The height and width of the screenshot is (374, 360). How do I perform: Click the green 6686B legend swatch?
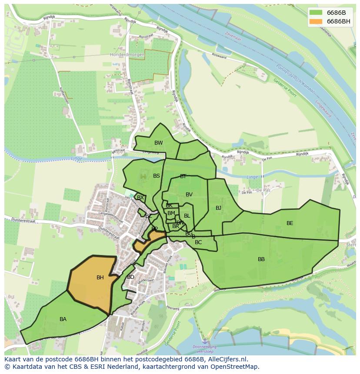point(316,13)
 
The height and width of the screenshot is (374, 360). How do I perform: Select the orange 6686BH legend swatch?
point(316,21)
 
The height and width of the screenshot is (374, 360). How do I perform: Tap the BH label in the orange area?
point(100,278)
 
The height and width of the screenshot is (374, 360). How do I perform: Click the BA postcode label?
point(63,319)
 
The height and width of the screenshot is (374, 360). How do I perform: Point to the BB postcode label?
point(261,259)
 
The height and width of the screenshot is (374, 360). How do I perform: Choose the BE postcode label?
point(290,223)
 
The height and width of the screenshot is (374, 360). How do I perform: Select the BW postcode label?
point(159,143)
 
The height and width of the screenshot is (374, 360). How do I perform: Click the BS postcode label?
point(157,176)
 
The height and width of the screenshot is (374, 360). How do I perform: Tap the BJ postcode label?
point(218,208)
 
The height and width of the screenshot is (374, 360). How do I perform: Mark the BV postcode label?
point(189,195)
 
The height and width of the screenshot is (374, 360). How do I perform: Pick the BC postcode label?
point(198,242)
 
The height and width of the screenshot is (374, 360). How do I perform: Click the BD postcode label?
point(130,277)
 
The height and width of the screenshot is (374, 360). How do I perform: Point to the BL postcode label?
point(187,216)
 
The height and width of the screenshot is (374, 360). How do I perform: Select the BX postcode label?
point(140,198)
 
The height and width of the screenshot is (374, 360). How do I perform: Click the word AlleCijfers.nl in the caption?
point(226,359)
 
